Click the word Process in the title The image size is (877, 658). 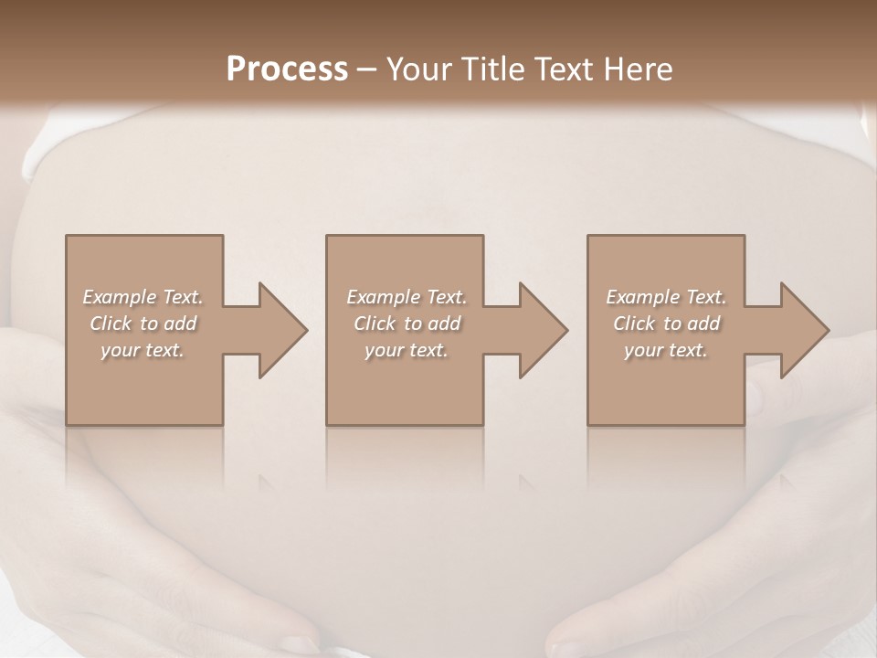click(x=287, y=69)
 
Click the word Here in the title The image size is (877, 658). click(x=640, y=69)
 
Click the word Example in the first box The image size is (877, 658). click(x=119, y=297)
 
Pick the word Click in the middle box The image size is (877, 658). click(x=375, y=324)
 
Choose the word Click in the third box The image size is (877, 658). click(x=634, y=324)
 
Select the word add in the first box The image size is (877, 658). click(x=180, y=324)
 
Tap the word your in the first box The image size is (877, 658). click(x=119, y=350)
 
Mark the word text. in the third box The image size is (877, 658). click(x=688, y=350)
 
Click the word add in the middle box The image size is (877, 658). click(x=444, y=324)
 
